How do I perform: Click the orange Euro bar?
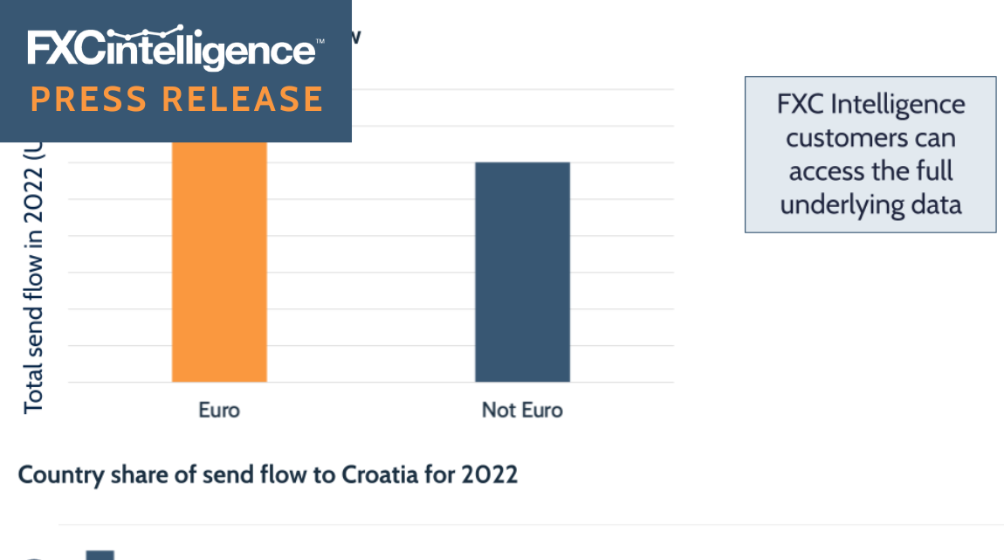pos(219,262)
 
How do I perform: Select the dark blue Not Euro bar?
pos(522,272)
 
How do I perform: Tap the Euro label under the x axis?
pos(219,410)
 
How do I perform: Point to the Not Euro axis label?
pos(522,410)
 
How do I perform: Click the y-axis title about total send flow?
pos(33,280)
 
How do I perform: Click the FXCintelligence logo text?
pos(175,50)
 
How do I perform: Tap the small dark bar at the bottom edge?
pos(100,555)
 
